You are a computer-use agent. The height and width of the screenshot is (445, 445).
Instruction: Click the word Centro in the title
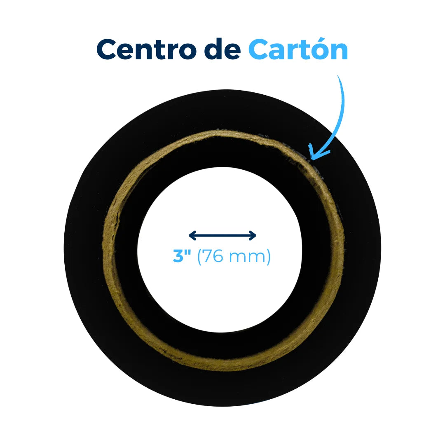coord(147,49)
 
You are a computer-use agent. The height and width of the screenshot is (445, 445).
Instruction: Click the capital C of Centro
coord(107,49)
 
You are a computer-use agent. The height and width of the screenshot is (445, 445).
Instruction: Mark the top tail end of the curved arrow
coord(338,76)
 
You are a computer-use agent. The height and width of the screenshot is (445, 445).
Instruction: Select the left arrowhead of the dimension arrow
coord(192,235)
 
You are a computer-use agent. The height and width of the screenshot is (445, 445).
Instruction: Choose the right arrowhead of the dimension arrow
coord(253,235)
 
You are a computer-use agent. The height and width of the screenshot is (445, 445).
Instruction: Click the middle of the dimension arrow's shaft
coord(222,235)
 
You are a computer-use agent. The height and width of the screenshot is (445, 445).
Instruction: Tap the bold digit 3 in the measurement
coord(178,256)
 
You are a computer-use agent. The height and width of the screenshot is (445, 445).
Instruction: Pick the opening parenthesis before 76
coord(199,257)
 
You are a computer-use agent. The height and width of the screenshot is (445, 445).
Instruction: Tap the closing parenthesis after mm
coord(268,257)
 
